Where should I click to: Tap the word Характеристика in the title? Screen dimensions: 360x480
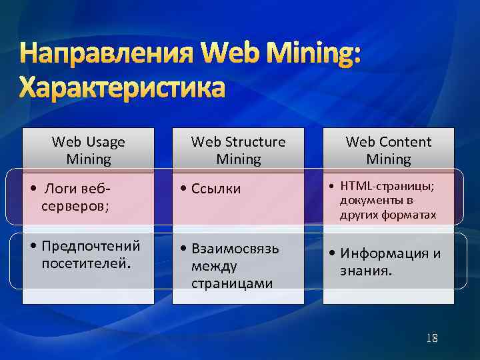click(x=122, y=87)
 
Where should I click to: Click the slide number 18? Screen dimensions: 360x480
click(x=432, y=338)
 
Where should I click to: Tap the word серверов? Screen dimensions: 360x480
click(x=70, y=207)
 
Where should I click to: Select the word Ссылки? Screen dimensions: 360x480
click(x=216, y=189)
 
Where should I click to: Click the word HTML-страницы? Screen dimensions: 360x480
click(x=387, y=186)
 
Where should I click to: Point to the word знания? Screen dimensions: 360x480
click(x=366, y=271)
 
